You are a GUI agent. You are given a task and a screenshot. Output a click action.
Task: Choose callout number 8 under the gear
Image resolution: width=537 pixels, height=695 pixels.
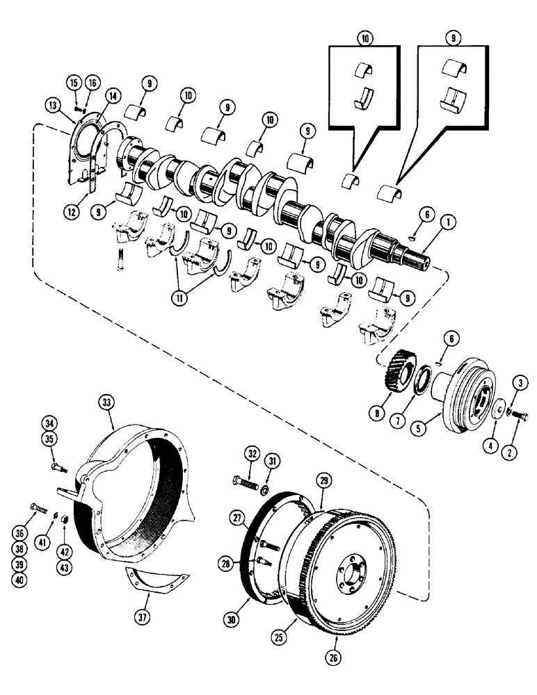(x=378, y=413)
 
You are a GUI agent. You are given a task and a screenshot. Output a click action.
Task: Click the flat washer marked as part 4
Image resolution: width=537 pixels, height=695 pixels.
(x=498, y=407)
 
